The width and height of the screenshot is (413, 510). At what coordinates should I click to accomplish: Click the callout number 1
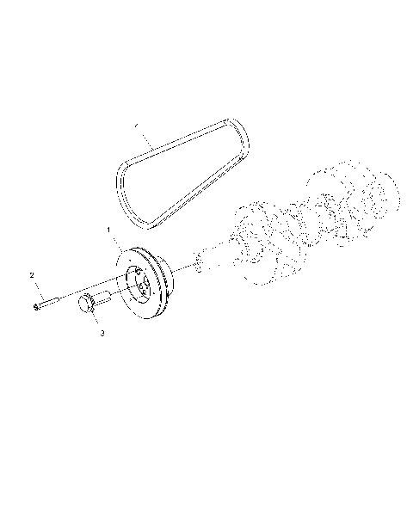(109, 230)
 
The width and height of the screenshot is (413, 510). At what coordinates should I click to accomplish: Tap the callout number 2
(32, 275)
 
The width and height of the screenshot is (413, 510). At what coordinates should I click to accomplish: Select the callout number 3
(102, 332)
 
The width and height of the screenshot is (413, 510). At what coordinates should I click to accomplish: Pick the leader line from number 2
(35, 290)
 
